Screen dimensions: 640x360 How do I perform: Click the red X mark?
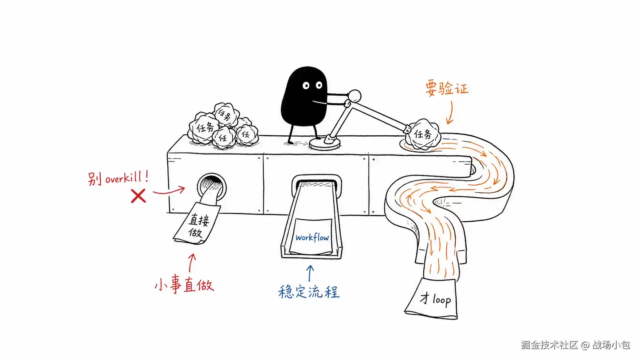(x=138, y=196)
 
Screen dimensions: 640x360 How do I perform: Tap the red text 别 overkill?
(x=118, y=178)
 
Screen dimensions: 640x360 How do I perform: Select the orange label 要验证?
(x=447, y=88)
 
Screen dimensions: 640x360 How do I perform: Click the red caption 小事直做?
(x=184, y=285)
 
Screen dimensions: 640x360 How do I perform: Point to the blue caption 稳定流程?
(x=309, y=292)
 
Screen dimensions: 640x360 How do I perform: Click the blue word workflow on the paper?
(x=312, y=238)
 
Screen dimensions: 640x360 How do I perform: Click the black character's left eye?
(x=306, y=85)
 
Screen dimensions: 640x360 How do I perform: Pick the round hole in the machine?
(x=212, y=186)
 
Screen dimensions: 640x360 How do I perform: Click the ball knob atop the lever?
(x=354, y=96)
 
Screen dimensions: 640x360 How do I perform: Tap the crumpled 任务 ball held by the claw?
(x=423, y=134)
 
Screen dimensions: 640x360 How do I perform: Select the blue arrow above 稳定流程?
(x=310, y=273)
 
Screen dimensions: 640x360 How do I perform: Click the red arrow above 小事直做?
(x=191, y=263)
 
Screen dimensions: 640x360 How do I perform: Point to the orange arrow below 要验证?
(x=450, y=113)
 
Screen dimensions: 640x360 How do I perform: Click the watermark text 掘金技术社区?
(x=549, y=345)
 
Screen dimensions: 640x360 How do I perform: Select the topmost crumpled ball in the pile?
(x=226, y=114)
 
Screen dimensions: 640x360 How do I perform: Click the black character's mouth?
(x=320, y=102)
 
